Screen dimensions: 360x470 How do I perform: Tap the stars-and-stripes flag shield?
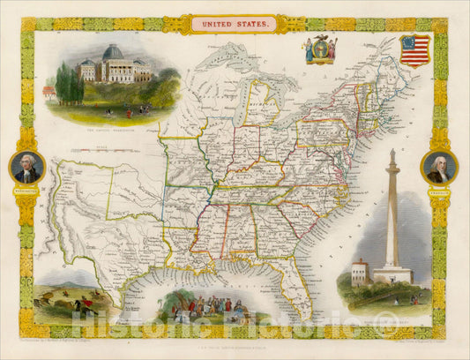pyautogui.click(x=414, y=50)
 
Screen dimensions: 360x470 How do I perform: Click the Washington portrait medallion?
pyautogui.click(x=26, y=167)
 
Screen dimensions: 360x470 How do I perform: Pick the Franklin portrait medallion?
pyautogui.click(x=438, y=167)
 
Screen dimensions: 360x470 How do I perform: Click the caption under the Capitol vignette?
pyautogui.click(x=111, y=130)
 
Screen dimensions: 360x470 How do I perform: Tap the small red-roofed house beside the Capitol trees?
pyautogui.click(x=49, y=91)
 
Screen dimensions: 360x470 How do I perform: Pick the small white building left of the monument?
pyautogui.click(x=359, y=273)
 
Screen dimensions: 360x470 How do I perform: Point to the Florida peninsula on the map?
pyautogui.click(x=300, y=282)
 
